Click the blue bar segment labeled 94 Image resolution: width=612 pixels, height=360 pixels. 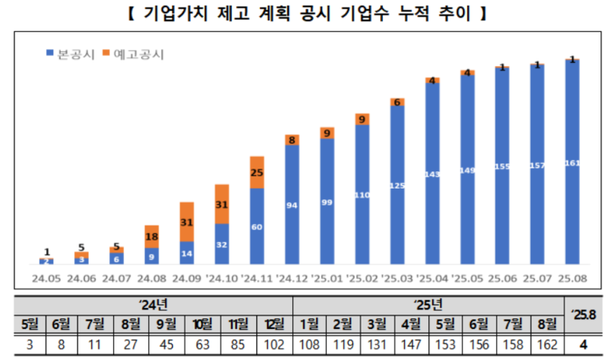coord(292,205)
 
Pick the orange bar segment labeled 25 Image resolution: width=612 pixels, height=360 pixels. coord(256,172)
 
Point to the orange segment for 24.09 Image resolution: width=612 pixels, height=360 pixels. coord(186,222)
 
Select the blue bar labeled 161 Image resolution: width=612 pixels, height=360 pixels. coord(572,163)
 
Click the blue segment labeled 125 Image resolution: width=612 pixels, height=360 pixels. coord(397,185)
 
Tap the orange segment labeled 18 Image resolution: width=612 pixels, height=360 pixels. coord(151,237)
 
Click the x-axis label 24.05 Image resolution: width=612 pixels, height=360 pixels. coord(46,276)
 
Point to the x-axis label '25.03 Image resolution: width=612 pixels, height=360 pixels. coord(397,276)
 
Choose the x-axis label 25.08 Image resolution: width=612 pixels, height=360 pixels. coord(572,276)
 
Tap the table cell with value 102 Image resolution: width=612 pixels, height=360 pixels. coord(274,344)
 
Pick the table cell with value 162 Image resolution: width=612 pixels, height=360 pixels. coord(549,344)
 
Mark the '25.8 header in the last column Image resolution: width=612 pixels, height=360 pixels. coord(584,313)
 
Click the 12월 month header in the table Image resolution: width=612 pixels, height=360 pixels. coord(274,323)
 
